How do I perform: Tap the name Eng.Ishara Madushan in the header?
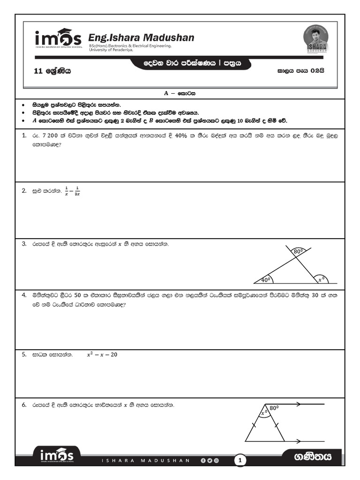[x=141, y=37]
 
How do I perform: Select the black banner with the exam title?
[x=192, y=63]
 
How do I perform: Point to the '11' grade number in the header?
[x=38, y=72]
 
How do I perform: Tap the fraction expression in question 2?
[x=73, y=191]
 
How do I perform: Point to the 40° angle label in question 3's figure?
[x=266, y=280]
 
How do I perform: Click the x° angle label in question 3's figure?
[x=321, y=280]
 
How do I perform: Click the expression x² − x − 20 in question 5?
[x=102, y=355]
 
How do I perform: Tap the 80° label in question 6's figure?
[x=274, y=408]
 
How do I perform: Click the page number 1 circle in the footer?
[x=240, y=461]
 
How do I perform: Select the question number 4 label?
[x=24, y=296]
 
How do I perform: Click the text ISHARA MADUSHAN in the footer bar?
[x=146, y=461]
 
